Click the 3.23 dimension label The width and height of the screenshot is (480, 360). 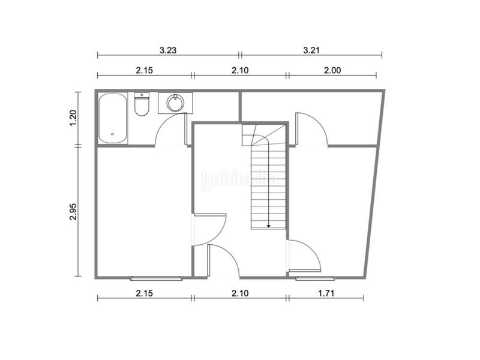(167, 50)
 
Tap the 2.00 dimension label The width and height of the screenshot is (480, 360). (332, 70)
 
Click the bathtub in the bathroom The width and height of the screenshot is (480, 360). (113, 118)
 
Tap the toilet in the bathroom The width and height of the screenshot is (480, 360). (142, 106)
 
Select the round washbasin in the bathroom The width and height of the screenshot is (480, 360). (175, 103)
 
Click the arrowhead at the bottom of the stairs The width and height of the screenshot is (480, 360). (268, 226)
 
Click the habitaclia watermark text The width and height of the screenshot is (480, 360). (240, 178)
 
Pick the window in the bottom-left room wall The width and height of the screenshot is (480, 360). (156, 277)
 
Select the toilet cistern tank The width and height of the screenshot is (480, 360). (142, 95)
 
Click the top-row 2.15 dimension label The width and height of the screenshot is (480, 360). (145, 70)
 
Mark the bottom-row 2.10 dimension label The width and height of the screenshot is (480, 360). (239, 293)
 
